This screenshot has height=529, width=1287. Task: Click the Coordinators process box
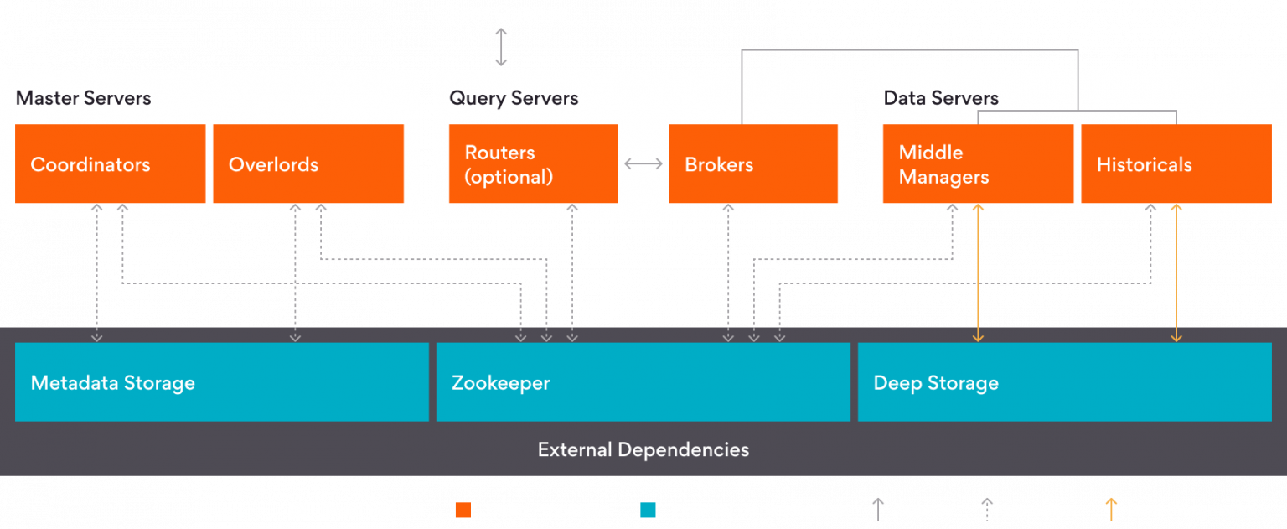click(x=110, y=163)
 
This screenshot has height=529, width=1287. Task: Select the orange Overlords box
click(x=308, y=163)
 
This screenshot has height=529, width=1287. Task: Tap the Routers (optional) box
click(x=533, y=163)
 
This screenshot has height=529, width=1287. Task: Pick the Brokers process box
click(x=752, y=163)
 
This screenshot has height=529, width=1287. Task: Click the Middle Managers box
click(x=978, y=163)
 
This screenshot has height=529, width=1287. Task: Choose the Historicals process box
click(x=1176, y=163)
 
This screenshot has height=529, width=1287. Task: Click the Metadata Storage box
click(x=221, y=382)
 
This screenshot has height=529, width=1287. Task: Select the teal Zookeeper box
click(x=643, y=382)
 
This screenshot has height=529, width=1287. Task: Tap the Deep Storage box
click(x=1064, y=382)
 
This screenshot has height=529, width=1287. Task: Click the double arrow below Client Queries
click(x=501, y=46)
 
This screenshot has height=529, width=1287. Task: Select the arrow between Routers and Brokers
click(x=643, y=163)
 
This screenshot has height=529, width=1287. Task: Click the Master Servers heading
click(x=83, y=98)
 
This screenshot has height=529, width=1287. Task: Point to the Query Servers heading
click(x=514, y=98)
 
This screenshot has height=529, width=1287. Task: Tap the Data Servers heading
click(x=941, y=98)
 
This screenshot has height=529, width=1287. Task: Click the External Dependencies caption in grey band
click(x=643, y=449)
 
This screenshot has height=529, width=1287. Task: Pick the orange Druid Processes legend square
click(x=463, y=510)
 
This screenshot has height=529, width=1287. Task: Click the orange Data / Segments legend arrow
click(x=1111, y=509)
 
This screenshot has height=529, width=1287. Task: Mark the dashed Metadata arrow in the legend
click(x=987, y=509)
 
